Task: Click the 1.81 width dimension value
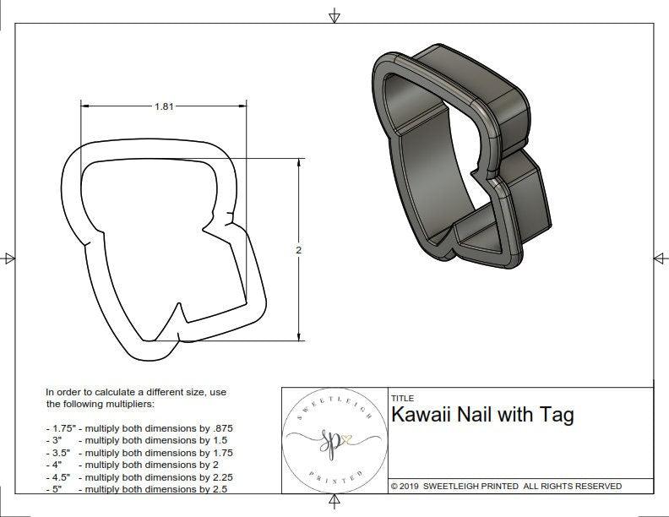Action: point(166,106)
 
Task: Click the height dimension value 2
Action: point(300,250)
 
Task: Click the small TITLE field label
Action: point(402,398)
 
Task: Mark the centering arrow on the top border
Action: point(334,15)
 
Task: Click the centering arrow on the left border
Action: point(9,258)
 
